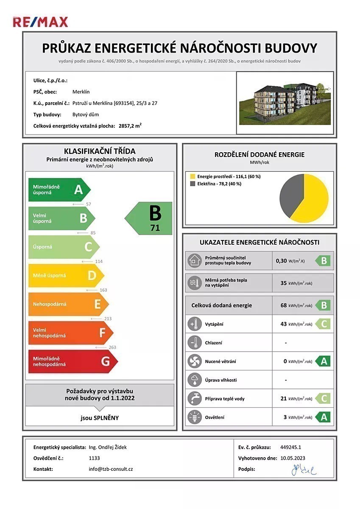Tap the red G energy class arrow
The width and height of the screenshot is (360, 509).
coord(72,361)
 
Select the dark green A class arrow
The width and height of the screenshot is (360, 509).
coord(59,189)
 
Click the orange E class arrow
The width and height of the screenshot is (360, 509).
coord(68,304)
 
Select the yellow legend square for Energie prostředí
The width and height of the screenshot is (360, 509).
coord(193,176)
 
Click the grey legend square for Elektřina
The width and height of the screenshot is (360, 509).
coord(193,184)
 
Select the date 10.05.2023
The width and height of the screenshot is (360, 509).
coord(293,458)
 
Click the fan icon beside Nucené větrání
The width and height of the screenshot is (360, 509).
coord(194,361)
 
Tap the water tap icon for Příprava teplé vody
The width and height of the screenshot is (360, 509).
coord(194,399)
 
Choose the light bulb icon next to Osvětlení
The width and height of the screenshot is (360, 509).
coord(194,417)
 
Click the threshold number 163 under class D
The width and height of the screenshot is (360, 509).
coord(103,290)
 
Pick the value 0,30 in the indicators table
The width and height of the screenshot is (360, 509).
coord(281,261)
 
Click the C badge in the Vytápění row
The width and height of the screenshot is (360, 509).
coord(323,324)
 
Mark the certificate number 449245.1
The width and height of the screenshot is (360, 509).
coord(290,447)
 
